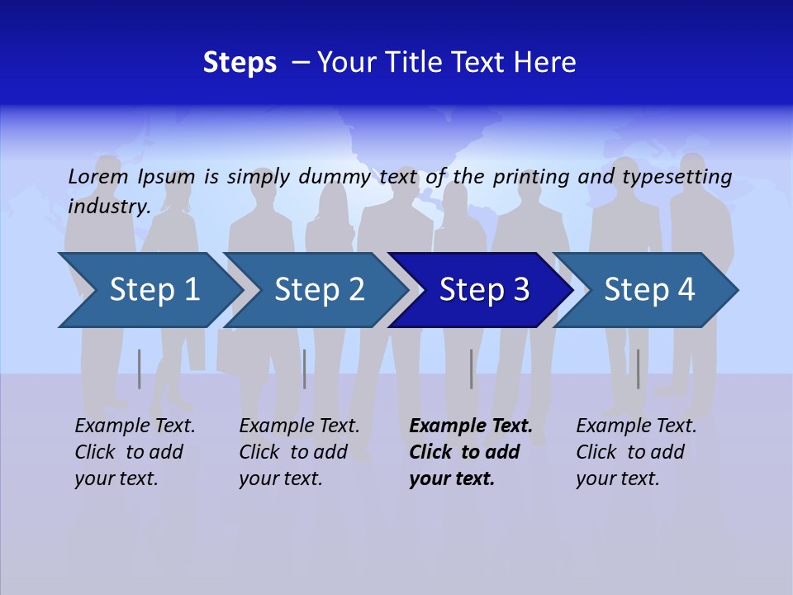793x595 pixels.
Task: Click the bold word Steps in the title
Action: point(240,63)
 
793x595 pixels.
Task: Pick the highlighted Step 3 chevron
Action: point(482,290)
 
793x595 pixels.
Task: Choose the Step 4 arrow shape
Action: point(648,290)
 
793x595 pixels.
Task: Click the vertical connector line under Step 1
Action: point(140,369)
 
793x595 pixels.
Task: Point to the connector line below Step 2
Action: point(305,369)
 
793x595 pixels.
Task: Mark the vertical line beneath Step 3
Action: point(472,369)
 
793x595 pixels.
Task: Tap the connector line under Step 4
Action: point(639,369)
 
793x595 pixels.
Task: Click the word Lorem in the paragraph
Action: point(97,176)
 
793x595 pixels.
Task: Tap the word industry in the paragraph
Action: point(108,207)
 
